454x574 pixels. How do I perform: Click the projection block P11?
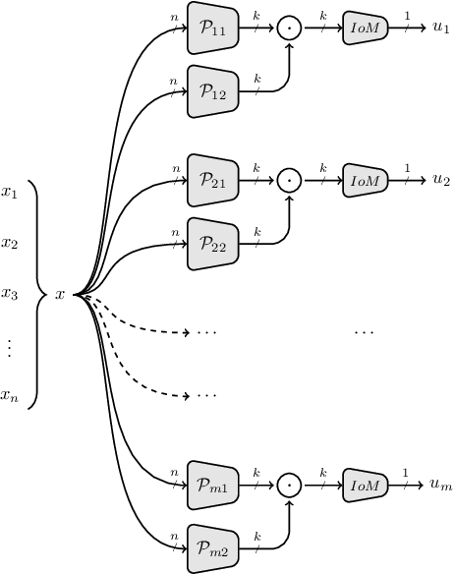213,30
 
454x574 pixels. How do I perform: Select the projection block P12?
213,91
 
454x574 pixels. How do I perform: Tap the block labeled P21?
213,181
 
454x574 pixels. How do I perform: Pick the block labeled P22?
213,245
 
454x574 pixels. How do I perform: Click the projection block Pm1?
213,486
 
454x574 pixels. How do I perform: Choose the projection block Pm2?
213,546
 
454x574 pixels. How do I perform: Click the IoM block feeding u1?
365,30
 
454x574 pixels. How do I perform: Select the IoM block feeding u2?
365,181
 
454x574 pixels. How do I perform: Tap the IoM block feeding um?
365,486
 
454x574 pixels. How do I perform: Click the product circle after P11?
288,30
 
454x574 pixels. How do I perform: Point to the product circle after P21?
288,181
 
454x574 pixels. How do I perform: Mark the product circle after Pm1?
288,486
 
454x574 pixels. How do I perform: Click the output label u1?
440,30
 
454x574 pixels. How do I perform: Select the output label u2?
440,181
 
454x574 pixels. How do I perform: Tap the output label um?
440,486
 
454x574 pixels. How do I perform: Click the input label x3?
10,294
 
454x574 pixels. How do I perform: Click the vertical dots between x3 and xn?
9,346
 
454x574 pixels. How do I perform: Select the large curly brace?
37,294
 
